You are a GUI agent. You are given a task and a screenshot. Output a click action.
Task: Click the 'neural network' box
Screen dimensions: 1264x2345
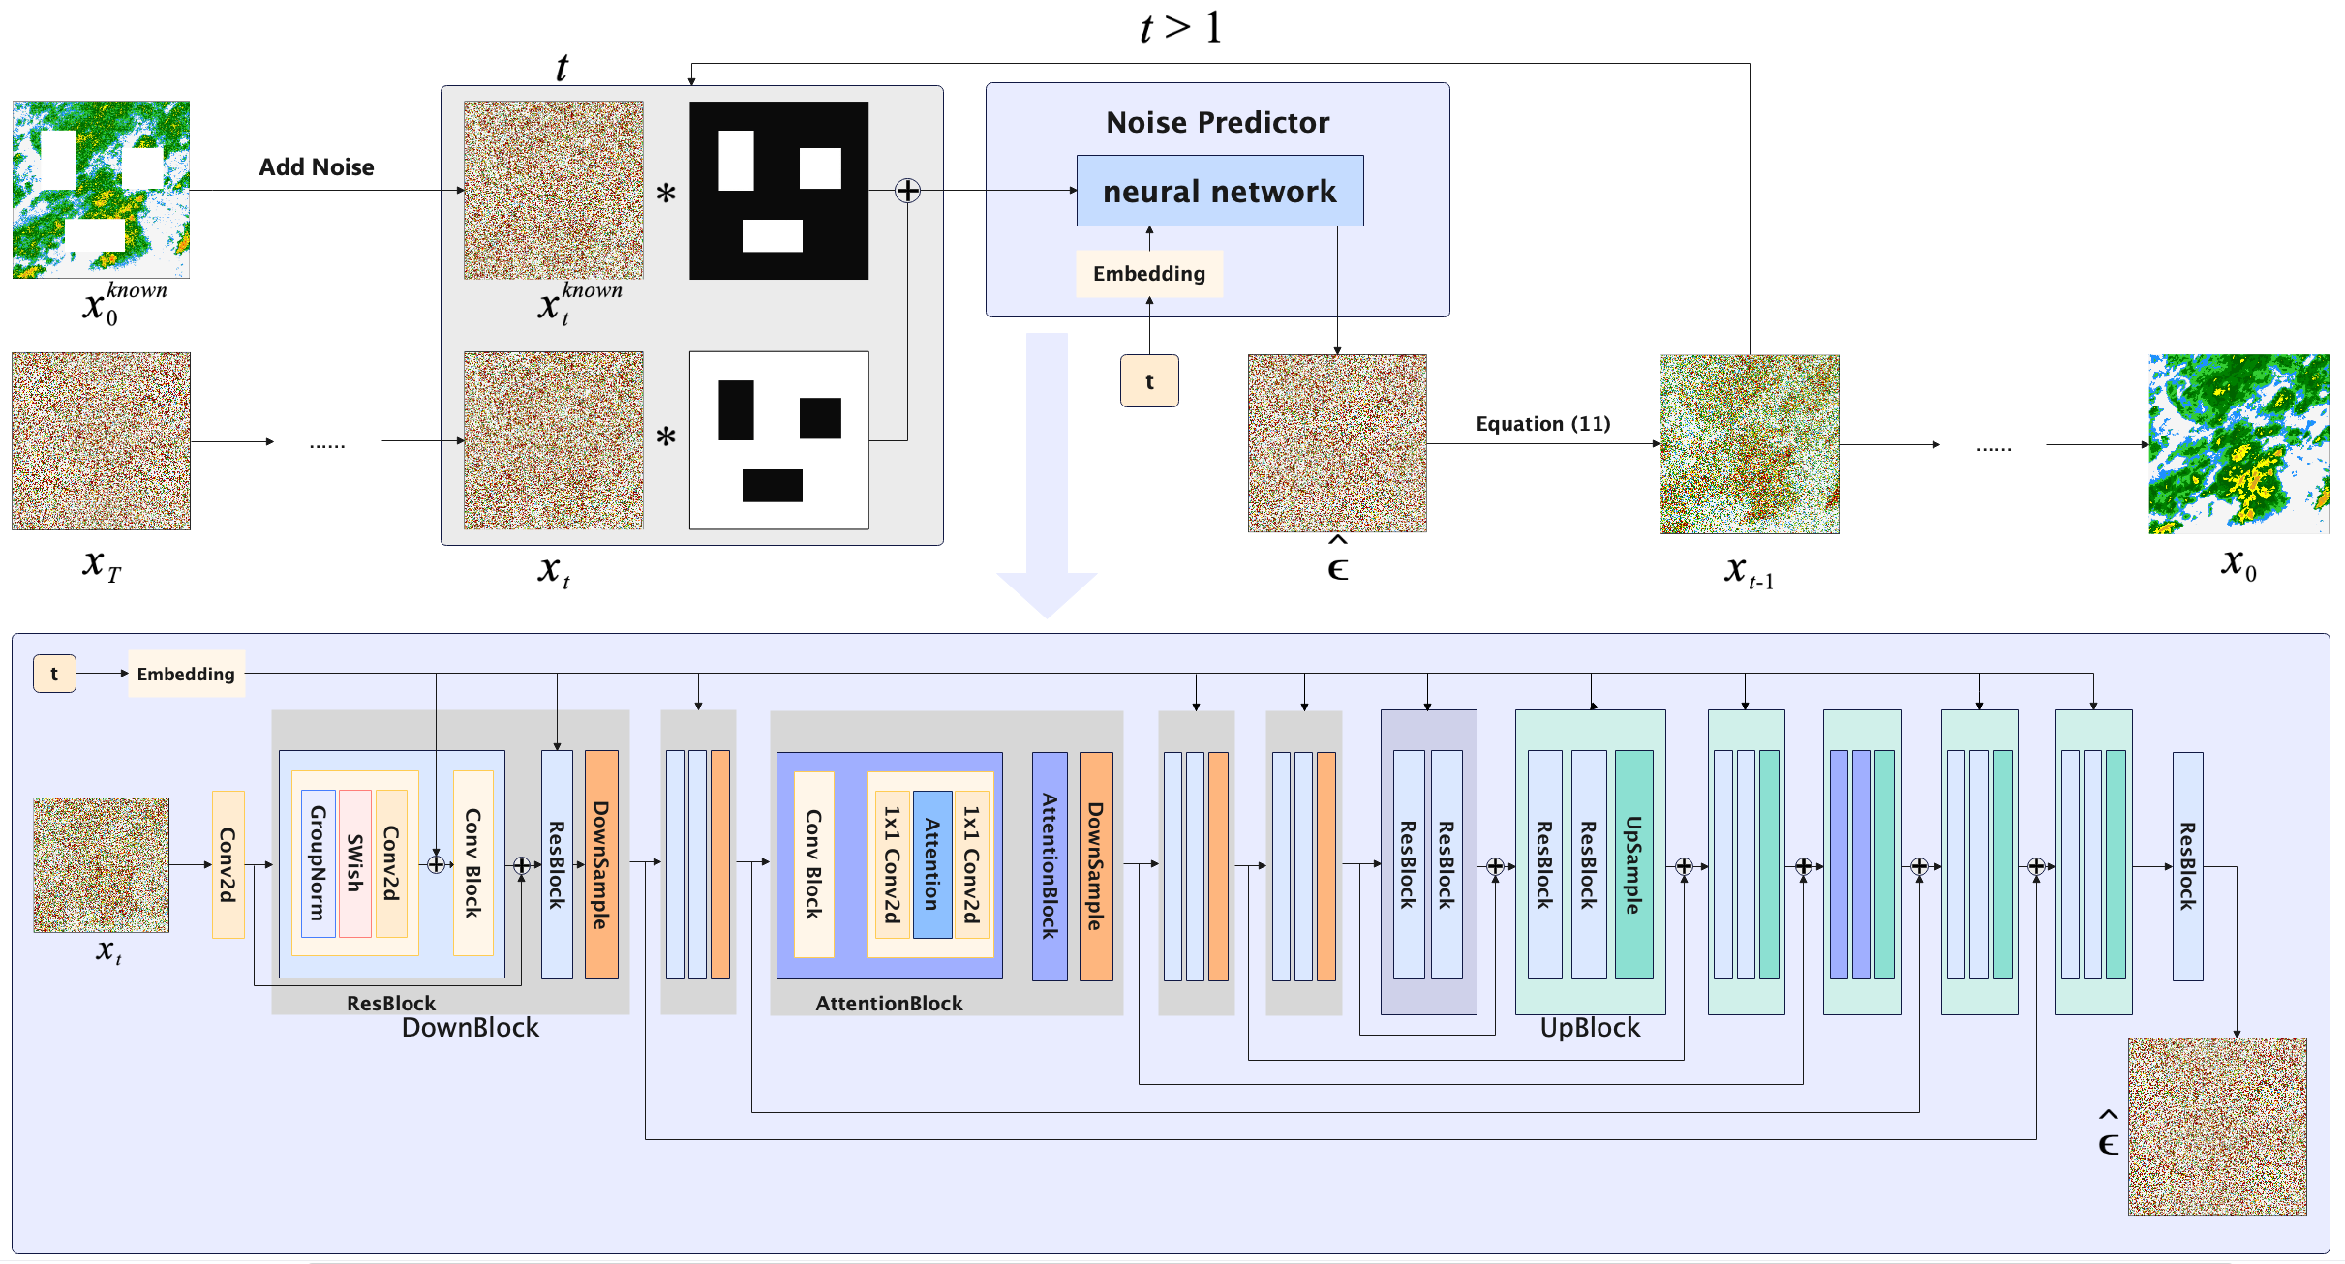[1219, 191]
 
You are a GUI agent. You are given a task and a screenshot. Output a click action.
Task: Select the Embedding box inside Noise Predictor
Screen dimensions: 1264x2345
[1148, 274]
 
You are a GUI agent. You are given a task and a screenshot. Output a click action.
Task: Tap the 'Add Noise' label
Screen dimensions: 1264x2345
[316, 167]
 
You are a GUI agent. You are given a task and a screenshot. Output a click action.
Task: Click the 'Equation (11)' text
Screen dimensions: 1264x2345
[1542, 424]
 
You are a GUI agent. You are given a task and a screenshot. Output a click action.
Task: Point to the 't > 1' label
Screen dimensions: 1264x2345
[1180, 27]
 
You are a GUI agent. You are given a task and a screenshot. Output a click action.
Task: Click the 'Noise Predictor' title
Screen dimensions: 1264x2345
[1217, 123]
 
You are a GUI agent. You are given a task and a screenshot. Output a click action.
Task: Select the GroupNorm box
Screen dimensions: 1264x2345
[318, 863]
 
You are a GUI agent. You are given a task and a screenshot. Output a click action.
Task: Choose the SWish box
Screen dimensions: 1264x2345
[355, 863]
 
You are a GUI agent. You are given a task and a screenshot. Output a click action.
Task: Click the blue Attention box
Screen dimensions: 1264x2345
[931, 864]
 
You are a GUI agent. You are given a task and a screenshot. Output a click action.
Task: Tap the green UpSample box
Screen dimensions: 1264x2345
[1633, 864]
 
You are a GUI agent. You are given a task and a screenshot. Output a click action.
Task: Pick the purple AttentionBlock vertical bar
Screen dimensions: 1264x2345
[1050, 866]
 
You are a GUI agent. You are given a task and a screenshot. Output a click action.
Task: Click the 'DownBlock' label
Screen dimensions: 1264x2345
[470, 1028]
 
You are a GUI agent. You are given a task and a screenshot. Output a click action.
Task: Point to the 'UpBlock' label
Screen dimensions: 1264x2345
[1590, 1028]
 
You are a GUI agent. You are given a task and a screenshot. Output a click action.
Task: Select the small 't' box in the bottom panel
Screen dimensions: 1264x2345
[54, 674]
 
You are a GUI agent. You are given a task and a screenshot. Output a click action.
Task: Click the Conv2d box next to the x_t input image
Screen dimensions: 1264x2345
[228, 864]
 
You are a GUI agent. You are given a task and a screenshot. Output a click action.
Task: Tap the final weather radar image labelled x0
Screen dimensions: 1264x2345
[2238, 443]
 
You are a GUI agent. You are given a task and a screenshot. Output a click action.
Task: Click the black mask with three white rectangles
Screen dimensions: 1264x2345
[778, 191]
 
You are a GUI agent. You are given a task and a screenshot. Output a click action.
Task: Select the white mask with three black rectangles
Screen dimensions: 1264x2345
[778, 440]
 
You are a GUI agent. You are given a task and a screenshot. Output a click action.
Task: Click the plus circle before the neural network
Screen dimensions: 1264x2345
[907, 191]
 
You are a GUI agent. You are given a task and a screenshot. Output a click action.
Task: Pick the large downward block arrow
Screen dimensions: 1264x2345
[1047, 474]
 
